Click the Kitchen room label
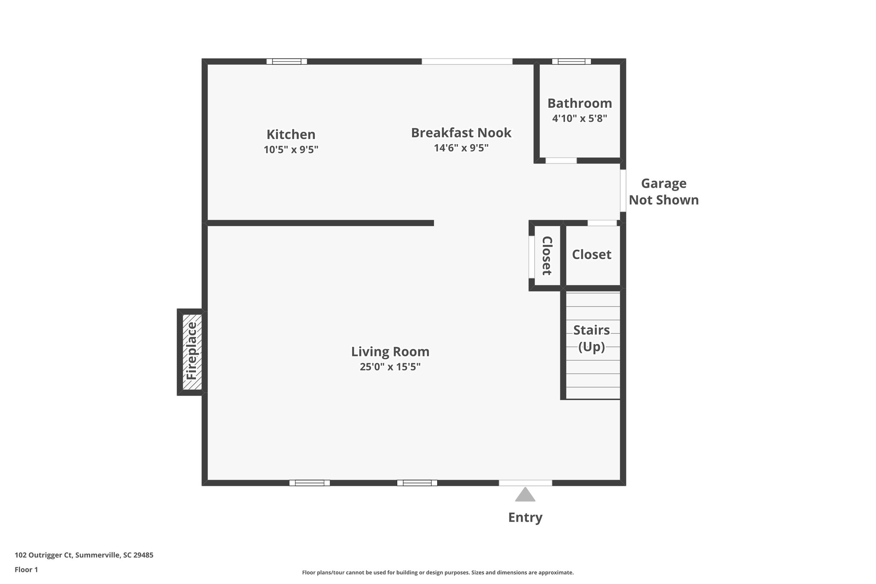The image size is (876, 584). coord(291,134)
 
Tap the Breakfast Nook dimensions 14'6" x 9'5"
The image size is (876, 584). coord(461,148)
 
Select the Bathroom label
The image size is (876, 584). coord(580,103)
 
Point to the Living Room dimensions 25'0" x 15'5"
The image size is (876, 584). coord(390,367)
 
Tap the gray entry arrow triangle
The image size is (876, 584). coord(525,495)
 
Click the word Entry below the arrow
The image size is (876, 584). coord(525,517)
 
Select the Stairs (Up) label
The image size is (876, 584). coord(592,338)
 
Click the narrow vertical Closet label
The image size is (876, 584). coord(547,255)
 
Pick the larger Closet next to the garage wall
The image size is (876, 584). coord(592,255)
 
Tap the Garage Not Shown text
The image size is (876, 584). coord(663,192)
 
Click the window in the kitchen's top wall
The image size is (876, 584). coord(287,61)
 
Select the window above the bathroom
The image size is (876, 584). coord(571,61)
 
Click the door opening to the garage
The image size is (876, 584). coord(623,190)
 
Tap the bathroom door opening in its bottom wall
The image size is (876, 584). coord(561,160)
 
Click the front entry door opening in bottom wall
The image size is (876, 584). coord(525,483)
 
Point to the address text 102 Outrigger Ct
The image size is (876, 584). coord(84,555)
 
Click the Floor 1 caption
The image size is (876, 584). coord(26,569)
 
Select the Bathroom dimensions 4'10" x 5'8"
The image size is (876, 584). coord(580,119)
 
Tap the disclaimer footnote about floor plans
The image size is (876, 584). coord(438,572)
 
